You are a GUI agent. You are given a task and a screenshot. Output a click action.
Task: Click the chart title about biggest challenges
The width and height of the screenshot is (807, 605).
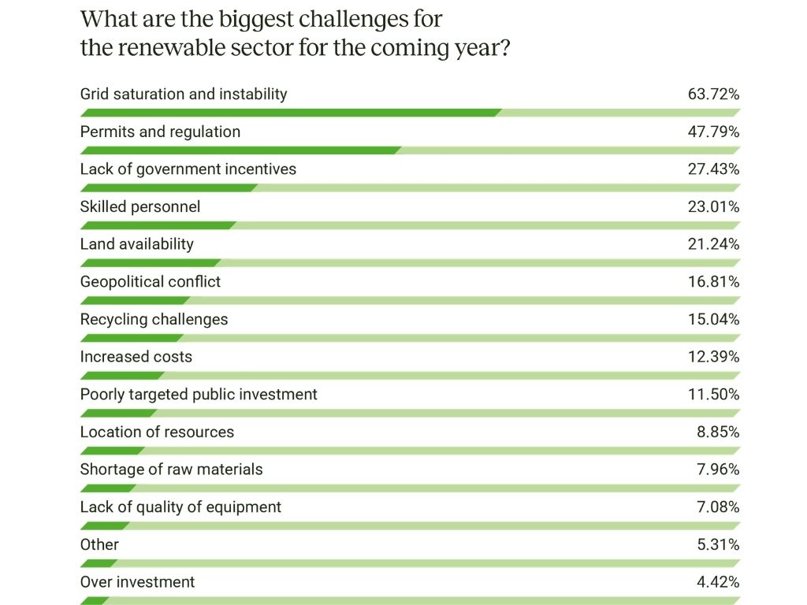tap(296, 33)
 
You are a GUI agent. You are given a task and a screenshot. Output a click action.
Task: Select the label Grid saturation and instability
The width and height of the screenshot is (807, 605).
tap(184, 95)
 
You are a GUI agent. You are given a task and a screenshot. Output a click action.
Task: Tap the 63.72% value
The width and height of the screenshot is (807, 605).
tap(713, 95)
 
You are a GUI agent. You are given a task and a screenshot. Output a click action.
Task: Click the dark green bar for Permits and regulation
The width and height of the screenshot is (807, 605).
tap(240, 150)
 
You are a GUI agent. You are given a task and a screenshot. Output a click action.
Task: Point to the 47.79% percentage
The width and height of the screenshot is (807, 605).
tap(713, 132)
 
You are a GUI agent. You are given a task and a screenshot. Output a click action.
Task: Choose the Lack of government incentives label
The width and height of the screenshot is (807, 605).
tap(188, 169)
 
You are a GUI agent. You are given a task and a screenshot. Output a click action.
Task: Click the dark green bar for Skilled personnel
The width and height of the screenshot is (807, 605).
tap(157, 225)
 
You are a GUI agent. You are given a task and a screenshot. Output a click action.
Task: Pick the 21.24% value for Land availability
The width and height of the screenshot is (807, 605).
tap(713, 244)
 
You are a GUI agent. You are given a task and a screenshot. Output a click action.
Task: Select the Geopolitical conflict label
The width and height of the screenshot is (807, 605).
tap(151, 282)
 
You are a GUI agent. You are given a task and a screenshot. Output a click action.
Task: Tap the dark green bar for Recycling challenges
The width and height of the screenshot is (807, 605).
tap(131, 338)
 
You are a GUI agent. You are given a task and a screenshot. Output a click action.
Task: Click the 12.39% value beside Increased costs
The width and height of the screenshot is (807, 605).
tap(713, 357)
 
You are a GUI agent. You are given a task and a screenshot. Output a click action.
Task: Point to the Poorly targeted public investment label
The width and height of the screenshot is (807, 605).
tap(199, 395)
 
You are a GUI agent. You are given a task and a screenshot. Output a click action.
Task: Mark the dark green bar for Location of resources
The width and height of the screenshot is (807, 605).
tap(111, 451)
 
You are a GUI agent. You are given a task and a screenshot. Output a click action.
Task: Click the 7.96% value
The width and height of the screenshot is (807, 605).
tap(717, 470)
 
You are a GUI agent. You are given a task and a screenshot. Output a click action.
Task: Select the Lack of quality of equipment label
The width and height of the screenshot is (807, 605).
tap(180, 507)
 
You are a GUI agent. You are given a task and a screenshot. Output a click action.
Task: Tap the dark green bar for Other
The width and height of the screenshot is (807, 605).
tap(99, 563)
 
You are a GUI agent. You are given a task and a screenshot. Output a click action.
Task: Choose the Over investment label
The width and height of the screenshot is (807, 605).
tap(137, 582)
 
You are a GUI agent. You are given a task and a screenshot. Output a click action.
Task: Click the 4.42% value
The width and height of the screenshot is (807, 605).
tap(717, 582)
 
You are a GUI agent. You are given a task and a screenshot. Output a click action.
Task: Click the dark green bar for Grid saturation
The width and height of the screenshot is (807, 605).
tap(289, 113)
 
